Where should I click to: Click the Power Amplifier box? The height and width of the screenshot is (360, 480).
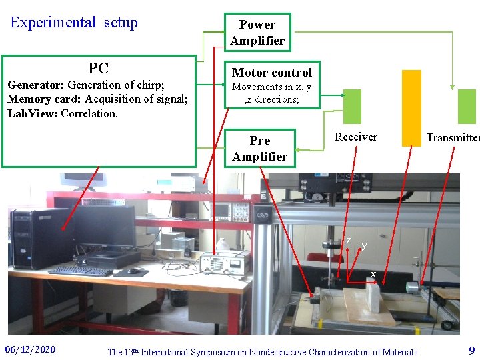click(x=257, y=33)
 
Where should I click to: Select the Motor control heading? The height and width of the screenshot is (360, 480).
click(x=271, y=73)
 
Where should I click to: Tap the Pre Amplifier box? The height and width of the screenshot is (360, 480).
click(x=259, y=149)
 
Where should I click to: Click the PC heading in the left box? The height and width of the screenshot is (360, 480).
click(x=98, y=68)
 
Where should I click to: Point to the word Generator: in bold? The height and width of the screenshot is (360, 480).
click(x=35, y=85)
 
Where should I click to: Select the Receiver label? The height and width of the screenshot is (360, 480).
click(x=355, y=137)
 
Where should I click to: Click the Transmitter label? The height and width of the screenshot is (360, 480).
click(x=452, y=138)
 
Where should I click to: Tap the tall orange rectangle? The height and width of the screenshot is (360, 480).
click(x=411, y=107)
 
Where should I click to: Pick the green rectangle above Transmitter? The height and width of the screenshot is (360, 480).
click(x=467, y=106)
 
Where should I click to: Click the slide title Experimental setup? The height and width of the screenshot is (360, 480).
click(x=74, y=23)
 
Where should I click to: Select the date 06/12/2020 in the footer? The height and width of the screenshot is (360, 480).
click(x=30, y=350)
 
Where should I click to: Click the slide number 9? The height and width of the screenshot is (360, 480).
click(x=471, y=350)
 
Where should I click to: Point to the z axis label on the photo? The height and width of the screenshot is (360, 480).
click(x=349, y=240)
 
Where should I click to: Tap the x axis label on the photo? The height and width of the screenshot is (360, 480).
click(x=373, y=274)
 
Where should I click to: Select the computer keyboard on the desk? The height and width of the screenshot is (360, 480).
click(x=80, y=271)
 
